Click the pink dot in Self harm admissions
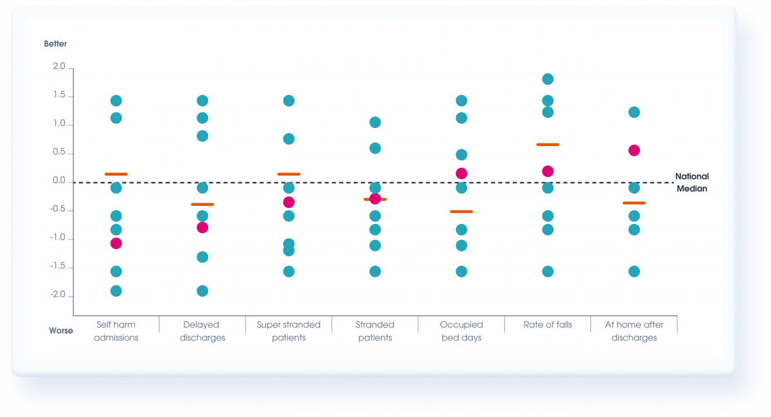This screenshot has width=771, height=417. (x=116, y=243)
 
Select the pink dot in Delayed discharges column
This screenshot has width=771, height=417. (x=202, y=227)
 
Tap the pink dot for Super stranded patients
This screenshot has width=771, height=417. (x=289, y=202)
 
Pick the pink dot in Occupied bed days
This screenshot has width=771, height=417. (x=461, y=173)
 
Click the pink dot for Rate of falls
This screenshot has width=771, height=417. (x=548, y=171)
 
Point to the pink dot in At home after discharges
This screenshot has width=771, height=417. (x=634, y=151)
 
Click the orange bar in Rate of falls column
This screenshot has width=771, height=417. (x=547, y=145)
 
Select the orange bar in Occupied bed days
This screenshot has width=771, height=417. (x=461, y=212)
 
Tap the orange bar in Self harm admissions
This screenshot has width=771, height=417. (x=116, y=174)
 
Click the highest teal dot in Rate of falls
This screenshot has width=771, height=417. (x=548, y=79)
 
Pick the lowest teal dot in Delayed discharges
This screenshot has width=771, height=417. (x=202, y=291)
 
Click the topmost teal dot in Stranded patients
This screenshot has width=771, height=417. (x=375, y=122)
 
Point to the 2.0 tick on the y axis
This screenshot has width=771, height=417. (x=59, y=67)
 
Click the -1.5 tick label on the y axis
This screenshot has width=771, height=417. (x=58, y=267)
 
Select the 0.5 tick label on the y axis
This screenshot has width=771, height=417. (x=59, y=153)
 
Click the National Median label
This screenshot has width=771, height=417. (x=691, y=182)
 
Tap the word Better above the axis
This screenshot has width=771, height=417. (x=55, y=44)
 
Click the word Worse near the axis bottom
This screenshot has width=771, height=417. (x=61, y=331)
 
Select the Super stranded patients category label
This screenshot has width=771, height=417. (x=288, y=331)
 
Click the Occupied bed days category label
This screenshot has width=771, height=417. (x=461, y=331)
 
